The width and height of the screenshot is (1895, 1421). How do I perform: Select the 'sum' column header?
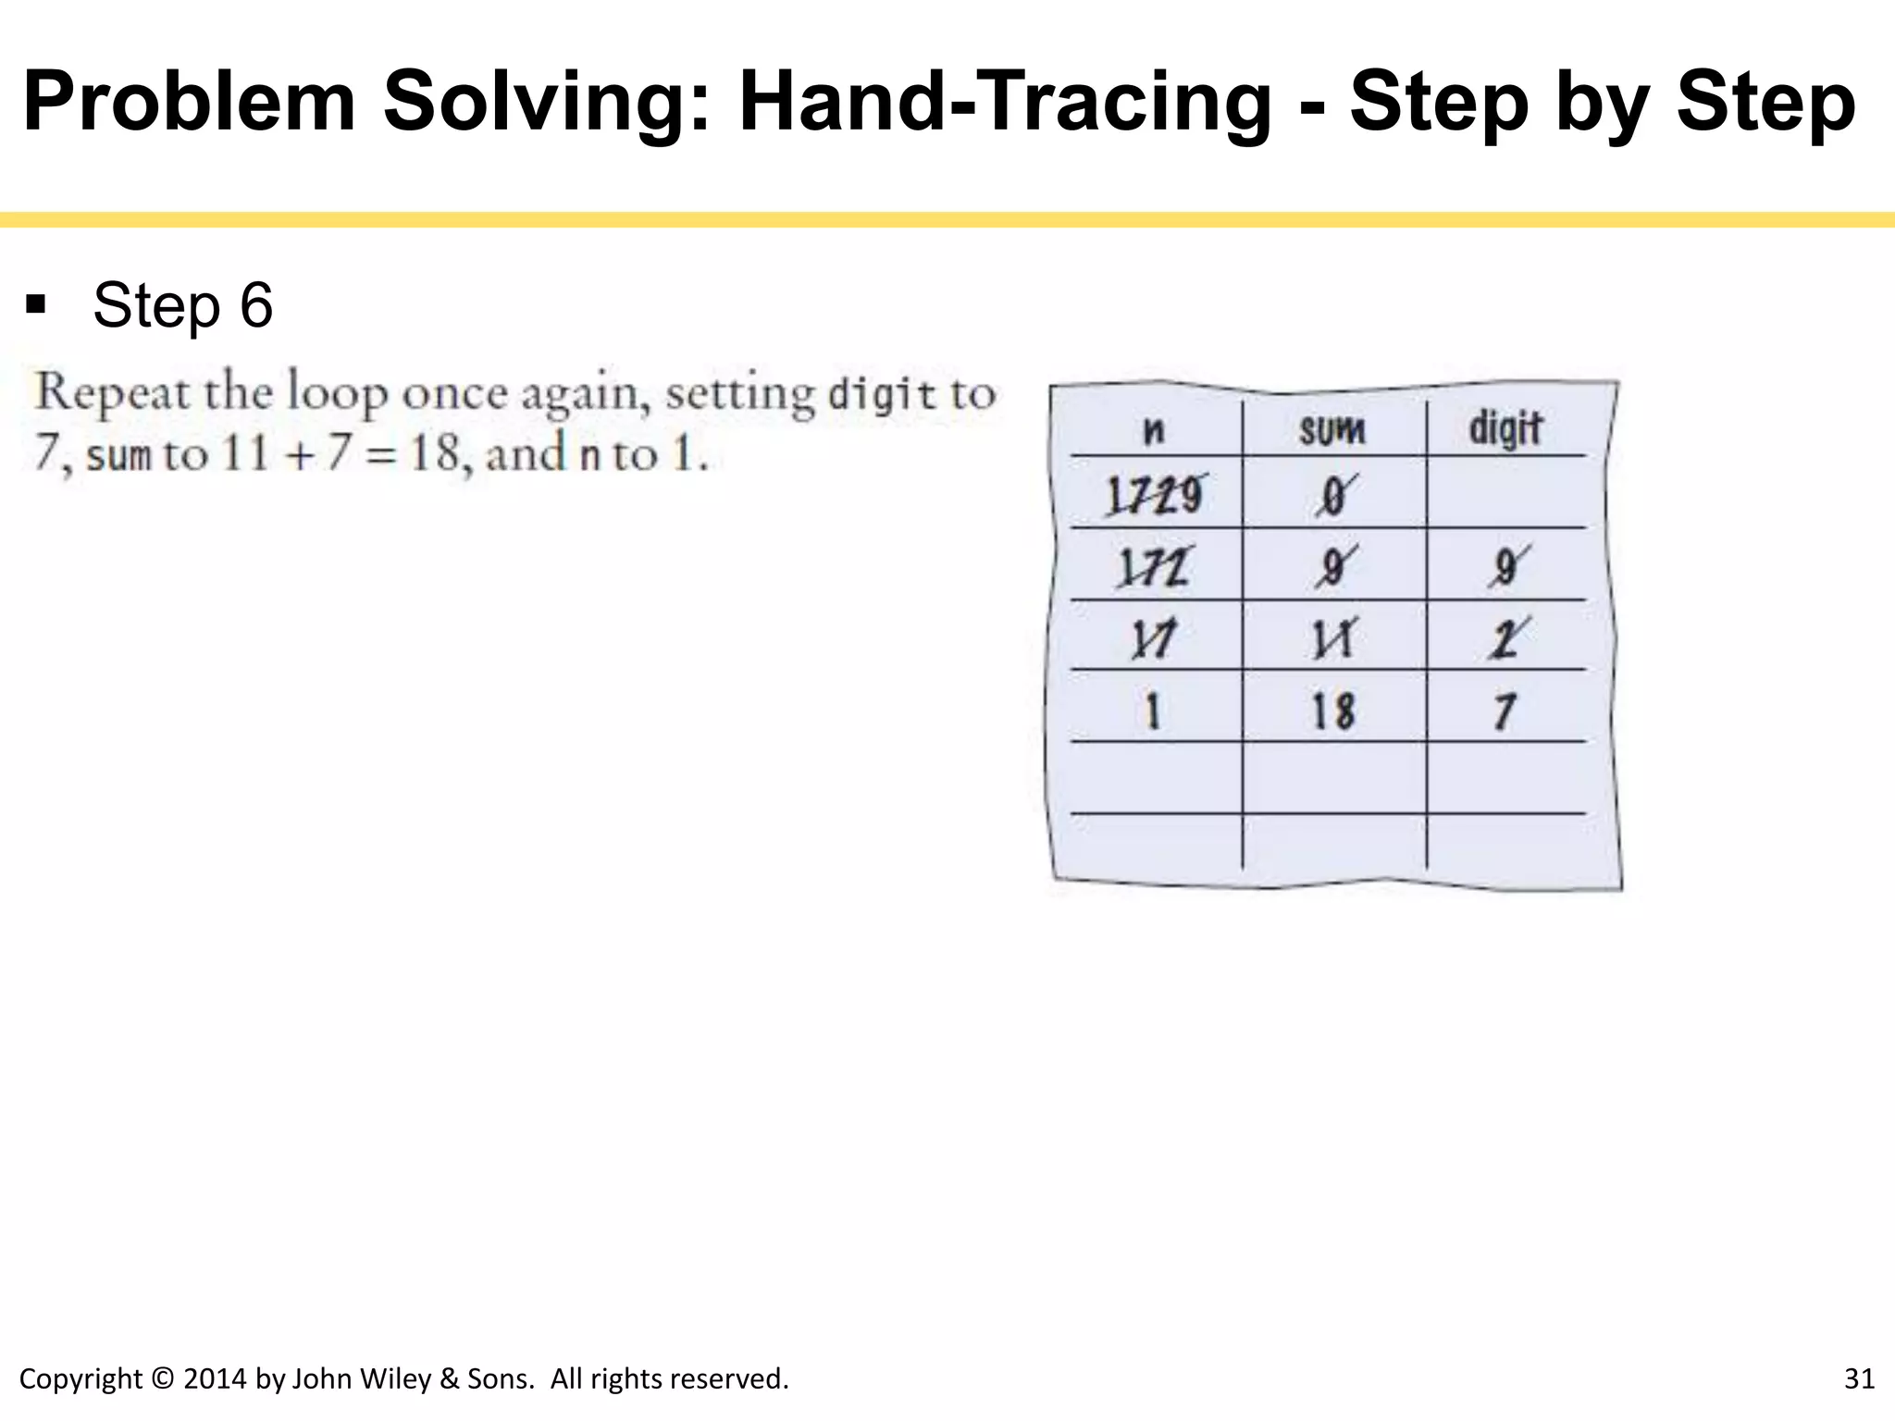(x=1331, y=429)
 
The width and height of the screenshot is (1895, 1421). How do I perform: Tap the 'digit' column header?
(x=1505, y=428)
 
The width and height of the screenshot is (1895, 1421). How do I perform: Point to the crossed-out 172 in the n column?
(x=1153, y=567)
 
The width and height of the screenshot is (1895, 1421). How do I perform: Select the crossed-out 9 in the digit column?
(x=1507, y=566)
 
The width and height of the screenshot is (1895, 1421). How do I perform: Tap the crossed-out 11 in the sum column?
(x=1332, y=638)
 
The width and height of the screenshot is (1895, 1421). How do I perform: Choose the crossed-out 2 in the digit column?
(x=1507, y=638)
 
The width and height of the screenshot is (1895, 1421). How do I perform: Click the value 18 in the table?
(x=1332, y=711)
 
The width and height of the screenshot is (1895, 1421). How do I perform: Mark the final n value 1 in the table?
(x=1152, y=711)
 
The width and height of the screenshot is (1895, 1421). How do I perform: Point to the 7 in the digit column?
(x=1505, y=711)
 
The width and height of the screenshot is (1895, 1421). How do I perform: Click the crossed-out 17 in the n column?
(x=1153, y=639)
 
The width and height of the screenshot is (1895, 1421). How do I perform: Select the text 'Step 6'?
(x=182, y=304)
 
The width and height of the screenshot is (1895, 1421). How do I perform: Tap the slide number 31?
(x=1859, y=1378)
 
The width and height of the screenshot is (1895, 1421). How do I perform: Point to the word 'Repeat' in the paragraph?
(x=112, y=394)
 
